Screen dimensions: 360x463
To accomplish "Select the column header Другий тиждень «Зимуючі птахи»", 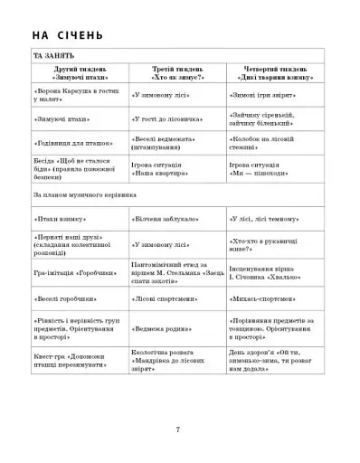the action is [x=79, y=72].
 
